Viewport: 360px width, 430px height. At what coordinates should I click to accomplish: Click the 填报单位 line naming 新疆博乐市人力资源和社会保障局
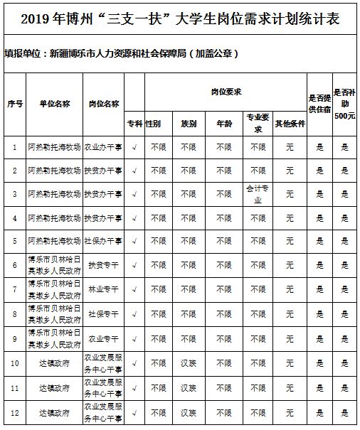(121, 53)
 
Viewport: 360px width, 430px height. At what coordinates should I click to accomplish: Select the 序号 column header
(15, 104)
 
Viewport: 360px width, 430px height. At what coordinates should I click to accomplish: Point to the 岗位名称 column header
(104, 104)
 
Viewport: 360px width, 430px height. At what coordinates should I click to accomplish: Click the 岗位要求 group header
(227, 92)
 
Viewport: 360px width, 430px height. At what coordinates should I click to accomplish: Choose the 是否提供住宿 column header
(319, 103)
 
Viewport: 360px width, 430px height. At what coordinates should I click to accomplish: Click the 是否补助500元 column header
(345, 103)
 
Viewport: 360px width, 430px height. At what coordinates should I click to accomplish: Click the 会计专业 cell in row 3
(257, 193)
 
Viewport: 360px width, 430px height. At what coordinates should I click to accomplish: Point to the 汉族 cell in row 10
(188, 362)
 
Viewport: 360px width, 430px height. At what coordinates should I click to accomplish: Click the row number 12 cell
(15, 412)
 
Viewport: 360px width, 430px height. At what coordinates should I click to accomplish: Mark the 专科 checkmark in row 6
(134, 265)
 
